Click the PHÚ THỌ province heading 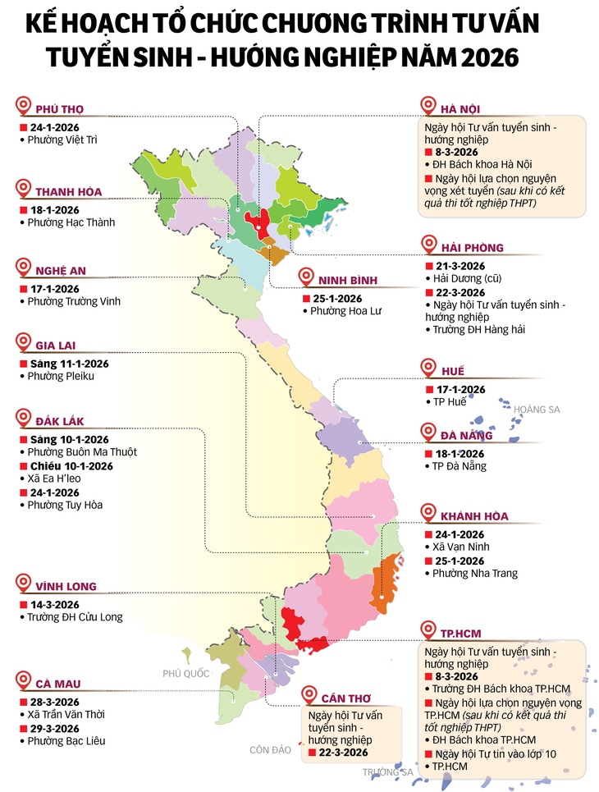tap(59, 109)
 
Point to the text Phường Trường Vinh tap(74, 301)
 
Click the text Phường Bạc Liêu tap(66, 741)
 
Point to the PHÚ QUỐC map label tap(185, 673)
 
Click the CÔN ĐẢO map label tap(271, 749)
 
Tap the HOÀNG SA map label tap(537, 409)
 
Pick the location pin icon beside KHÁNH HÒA tap(428, 514)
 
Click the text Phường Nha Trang tap(475, 574)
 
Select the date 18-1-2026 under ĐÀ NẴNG tap(460, 454)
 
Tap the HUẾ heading tap(452, 371)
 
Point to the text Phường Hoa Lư tap(345, 311)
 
